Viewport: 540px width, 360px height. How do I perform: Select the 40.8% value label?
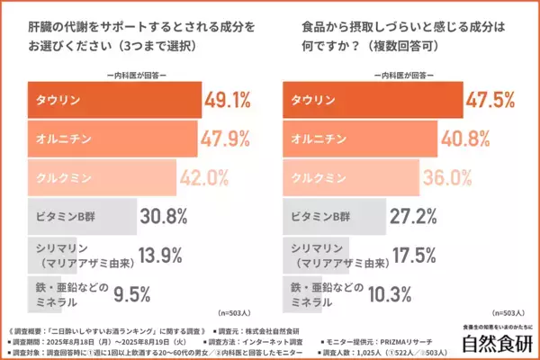[x=468, y=139]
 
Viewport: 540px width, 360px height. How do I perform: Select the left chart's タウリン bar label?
[x=51, y=101]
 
